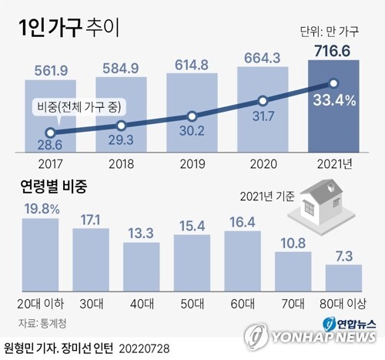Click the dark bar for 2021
pos(334,108)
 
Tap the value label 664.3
pos(263,56)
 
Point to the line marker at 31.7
pos(263,100)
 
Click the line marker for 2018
pos(121,126)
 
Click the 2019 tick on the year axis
pos(192,164)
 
